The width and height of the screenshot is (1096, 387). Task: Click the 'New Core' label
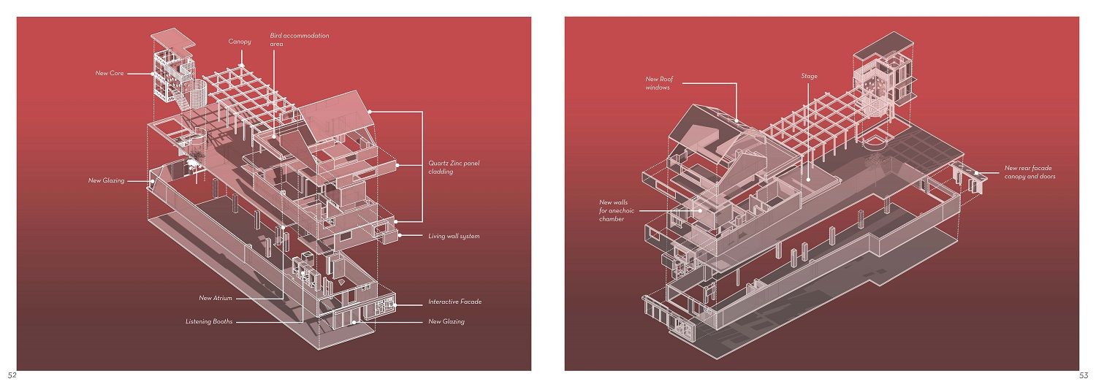point(109,73)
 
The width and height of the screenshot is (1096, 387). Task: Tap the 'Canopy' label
point(239,42)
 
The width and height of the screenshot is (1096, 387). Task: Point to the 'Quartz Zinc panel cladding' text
point(451,167)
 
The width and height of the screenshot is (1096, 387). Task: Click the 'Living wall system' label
point(454,236)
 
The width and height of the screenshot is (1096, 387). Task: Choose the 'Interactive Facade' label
point(454,302)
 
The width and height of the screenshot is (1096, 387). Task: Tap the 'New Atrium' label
point(216,298)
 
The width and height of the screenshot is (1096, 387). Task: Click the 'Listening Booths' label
point(209,321)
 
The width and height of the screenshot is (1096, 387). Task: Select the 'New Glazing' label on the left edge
point(106,180)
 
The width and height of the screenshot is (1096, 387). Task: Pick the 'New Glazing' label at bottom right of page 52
point(446,321)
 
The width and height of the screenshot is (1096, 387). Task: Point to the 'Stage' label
point(809,76)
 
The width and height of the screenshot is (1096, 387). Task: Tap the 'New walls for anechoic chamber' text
point(617,210)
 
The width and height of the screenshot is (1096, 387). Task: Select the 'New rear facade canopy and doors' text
point(1030,172)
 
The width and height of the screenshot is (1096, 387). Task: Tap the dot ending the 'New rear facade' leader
point(978,172)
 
